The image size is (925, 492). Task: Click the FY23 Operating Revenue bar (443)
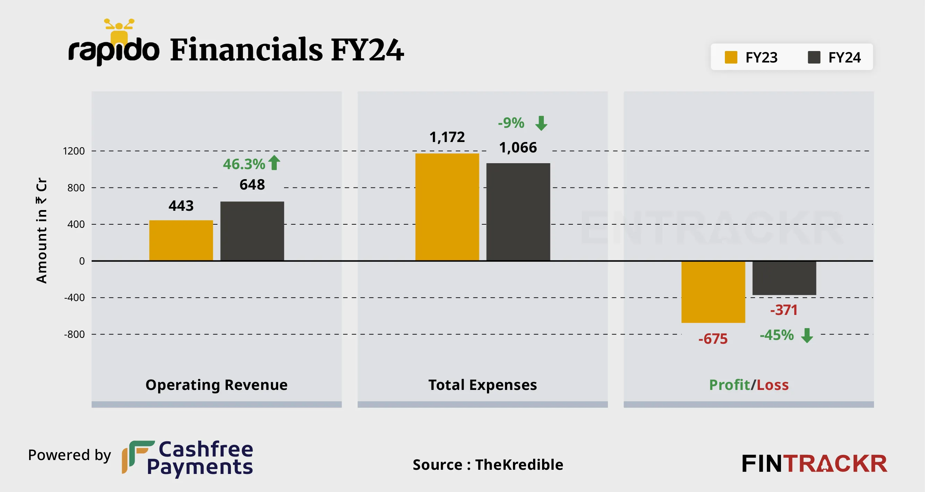(x=181, y=240)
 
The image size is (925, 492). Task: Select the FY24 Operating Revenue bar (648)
(x=252, y=231)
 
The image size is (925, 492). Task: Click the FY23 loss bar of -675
(x=713, y=292)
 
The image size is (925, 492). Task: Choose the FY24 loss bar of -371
(x=784, y=278)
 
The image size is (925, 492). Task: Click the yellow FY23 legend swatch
(x=731, y=57)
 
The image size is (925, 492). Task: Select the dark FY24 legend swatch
(x=814, y=57)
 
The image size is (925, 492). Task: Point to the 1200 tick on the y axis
(x=74, y=151)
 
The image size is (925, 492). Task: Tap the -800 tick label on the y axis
(x=74, y=334)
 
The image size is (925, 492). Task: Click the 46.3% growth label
(x=244, y=164)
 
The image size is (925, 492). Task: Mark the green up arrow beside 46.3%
(x=274, y=162)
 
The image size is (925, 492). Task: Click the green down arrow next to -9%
(x=541, y=123)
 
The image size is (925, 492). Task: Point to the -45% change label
(x=776, y=335)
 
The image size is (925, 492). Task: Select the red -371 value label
(x=783, y=310)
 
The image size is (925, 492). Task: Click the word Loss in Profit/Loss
(x=772, y=385)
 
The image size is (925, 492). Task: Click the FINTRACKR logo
(x=814, y=464)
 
